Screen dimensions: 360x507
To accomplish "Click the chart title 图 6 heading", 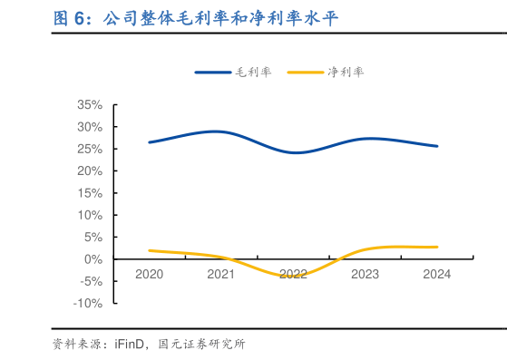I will pyautogui.click(x=195, y=17).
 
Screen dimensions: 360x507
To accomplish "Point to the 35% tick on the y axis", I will pyautogui.click(x=90, y=104).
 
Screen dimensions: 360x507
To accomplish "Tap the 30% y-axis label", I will pyautogui.click(x=90, y=127).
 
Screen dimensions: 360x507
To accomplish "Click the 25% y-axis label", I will pyautogui.click(x=90, y=149).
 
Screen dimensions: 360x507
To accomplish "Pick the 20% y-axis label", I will pyautogui.click(x=90, y=170).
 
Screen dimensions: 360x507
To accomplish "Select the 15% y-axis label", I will pyautogui.click(x=90, y=193).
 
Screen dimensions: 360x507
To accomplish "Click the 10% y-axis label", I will pyautogui.click(x=90, y=215).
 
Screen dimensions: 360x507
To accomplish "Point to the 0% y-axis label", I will pyautogui.click(x=93, y=259).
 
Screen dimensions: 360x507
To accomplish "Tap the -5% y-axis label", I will pyautogui.click(x=90, y=281).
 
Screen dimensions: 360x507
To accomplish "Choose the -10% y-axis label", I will pyautogui.click(x=88, y=303).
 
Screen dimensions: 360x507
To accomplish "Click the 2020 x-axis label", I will pyautogui.click(x=149, y=274).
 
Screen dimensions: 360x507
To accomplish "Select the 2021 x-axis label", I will pyautogui.click(x=220, y=274).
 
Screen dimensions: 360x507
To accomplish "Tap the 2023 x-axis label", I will pyautogui.click(x=365, y=274).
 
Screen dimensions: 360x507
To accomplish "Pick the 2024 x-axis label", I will pyautogui.click(x=437, y=274).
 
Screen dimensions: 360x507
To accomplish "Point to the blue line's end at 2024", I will pyautogui.click(x=437, y=146).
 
